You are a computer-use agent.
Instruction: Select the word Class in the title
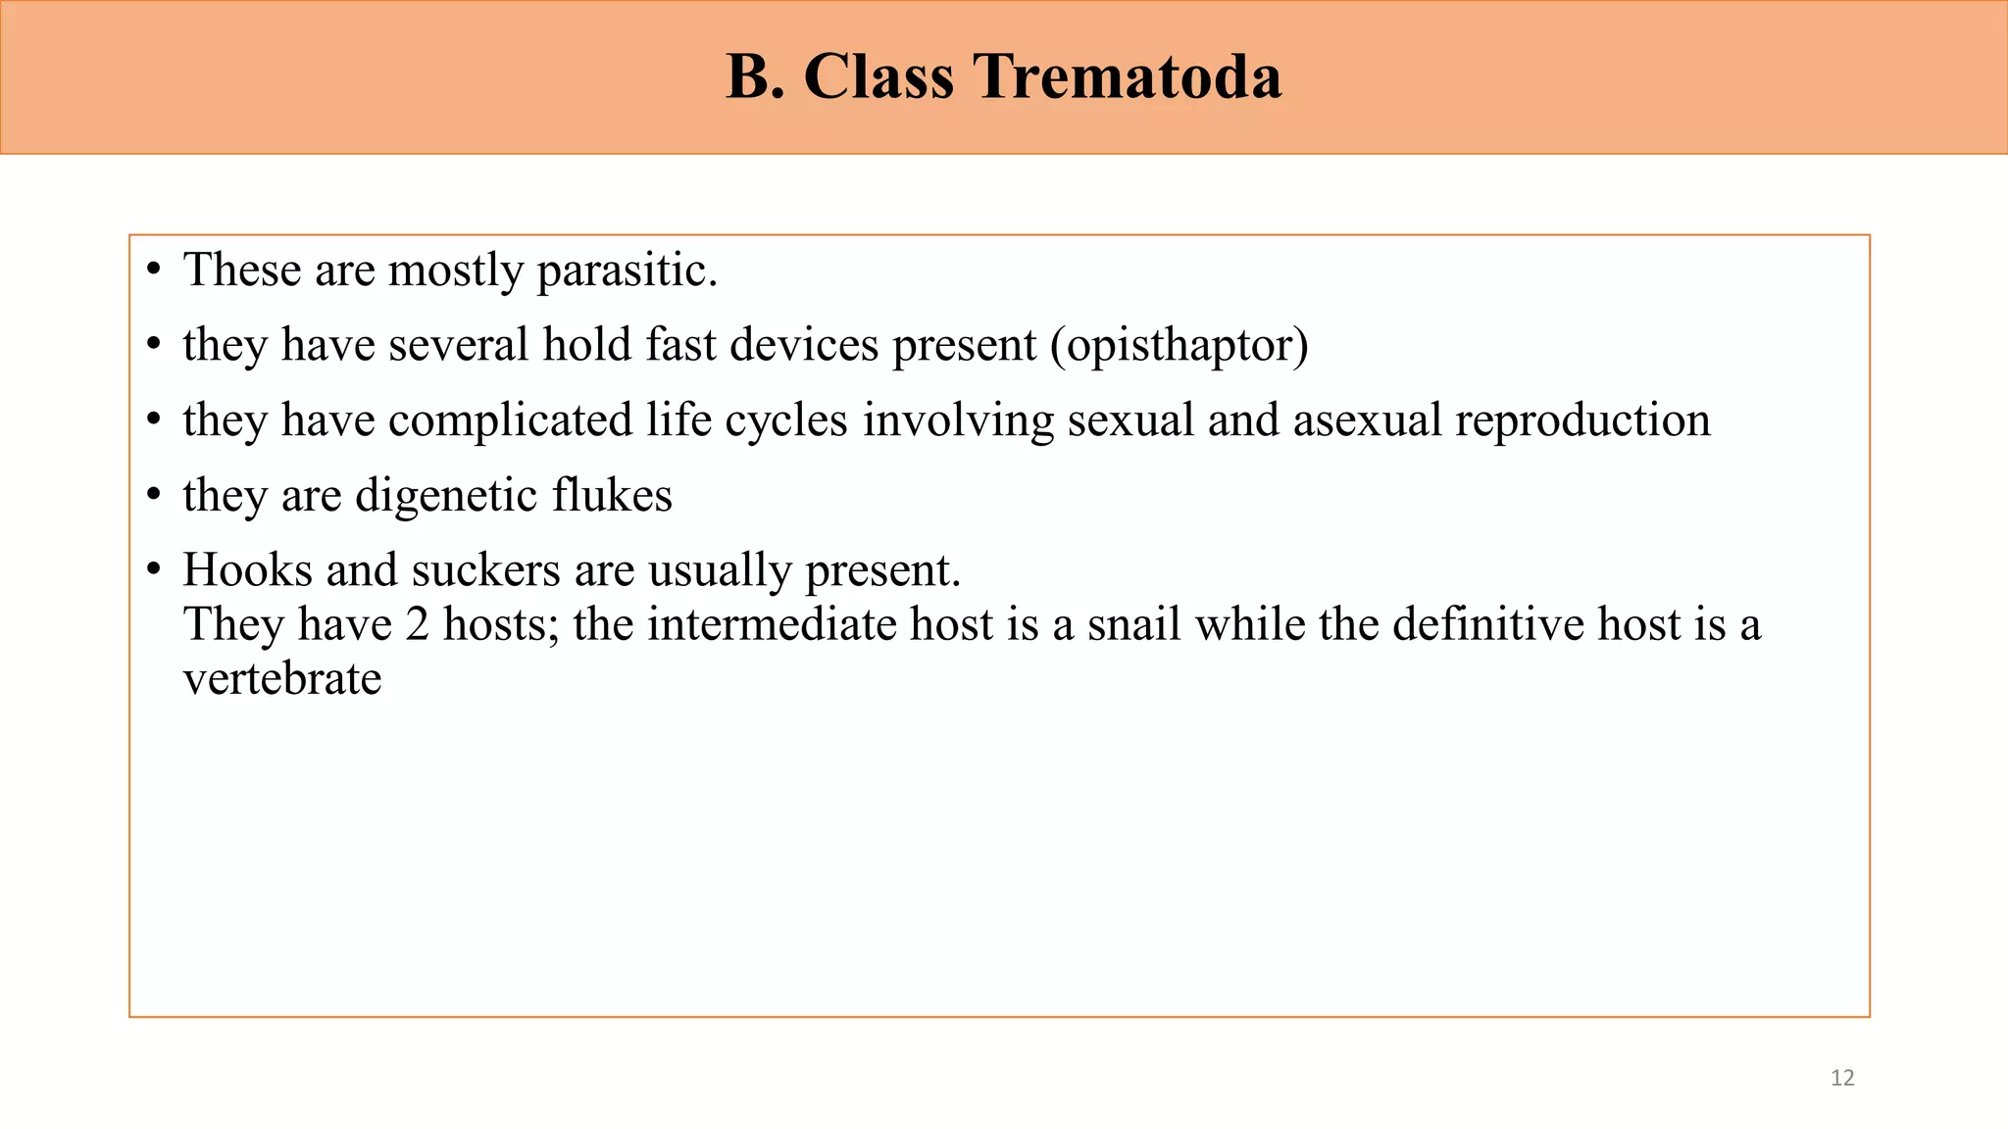coord(878,76)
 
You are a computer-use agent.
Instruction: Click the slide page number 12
coord(1842,1078)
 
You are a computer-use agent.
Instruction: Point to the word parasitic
coord(627,270)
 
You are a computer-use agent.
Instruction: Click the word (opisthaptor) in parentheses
coord(1180,345)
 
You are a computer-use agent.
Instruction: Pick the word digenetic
coord(445,495)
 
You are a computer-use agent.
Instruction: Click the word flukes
coord(612,495)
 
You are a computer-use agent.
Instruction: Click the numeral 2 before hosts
coord(417,624)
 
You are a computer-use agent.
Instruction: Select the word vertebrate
coord(281,678)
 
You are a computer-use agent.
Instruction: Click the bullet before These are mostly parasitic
coord(153,270)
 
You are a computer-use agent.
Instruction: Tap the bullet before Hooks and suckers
coord(153,570)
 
